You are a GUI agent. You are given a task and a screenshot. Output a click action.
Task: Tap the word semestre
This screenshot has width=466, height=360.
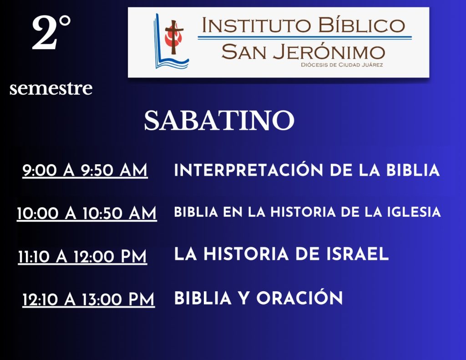(51, 88)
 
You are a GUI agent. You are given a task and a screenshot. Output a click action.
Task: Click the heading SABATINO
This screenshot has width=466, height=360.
(219, 120)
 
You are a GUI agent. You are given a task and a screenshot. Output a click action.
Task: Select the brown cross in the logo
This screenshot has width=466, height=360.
(174, 37)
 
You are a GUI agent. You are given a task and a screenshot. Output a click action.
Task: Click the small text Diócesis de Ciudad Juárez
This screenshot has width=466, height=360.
(342, 65)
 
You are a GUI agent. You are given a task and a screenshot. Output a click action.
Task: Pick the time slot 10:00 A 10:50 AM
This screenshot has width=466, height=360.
(87, 213)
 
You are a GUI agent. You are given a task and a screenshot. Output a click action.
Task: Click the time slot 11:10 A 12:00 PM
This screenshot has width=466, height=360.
(83, 256)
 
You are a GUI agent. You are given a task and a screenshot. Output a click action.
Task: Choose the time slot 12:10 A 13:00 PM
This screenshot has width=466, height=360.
(89, 299)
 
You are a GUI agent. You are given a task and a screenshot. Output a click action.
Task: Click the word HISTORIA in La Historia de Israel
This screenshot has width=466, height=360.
(246, 254)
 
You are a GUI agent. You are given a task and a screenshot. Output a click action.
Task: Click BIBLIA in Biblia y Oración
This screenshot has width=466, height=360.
(203, 298)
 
